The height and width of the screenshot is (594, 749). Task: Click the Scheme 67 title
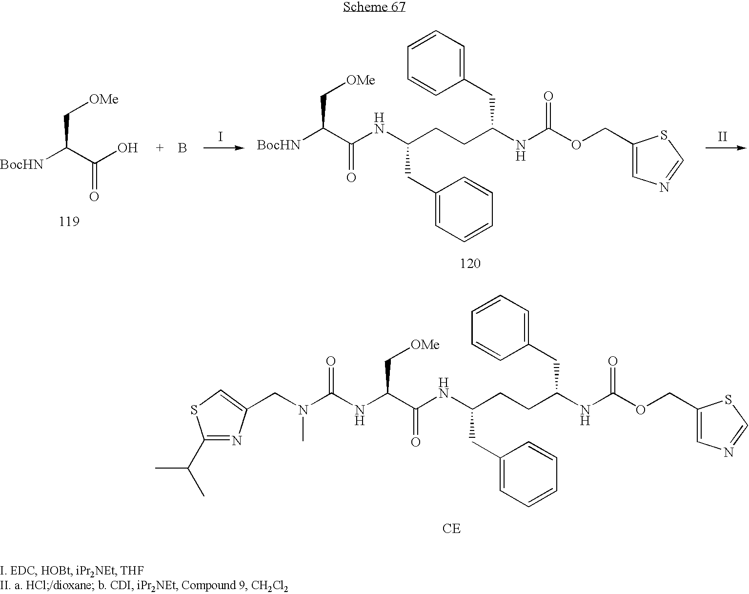pyautogui.click(x=374, y=7)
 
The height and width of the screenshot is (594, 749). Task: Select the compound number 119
pyautogui.click(x=69, y=222)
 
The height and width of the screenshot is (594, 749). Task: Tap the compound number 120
pyautogui.click(x=470, y=264)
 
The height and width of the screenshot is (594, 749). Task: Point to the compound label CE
pyautogui.click(x=451, y=529)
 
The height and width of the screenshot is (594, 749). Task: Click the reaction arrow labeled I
pyautogui.click(x=223, y=147)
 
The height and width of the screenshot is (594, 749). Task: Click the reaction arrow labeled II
pyautogui.click(x=726, y=147)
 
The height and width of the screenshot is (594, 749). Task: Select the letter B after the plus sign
pyautogui.click(x=182, y=148)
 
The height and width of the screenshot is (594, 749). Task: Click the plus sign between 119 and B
pyautogui.click(x=160, y=148)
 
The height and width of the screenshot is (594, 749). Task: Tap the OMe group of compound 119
pyautogui.click(x=103, y=100)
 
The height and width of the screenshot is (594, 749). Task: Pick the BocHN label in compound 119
pyautogui.click(x=22, y=165)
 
